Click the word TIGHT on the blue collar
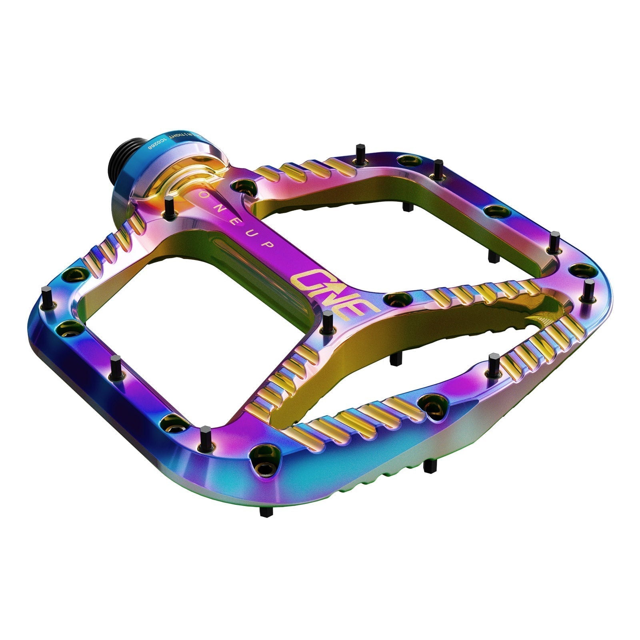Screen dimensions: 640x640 [x=178, y=135]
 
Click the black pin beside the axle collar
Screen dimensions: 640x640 [x=168, y=207]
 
